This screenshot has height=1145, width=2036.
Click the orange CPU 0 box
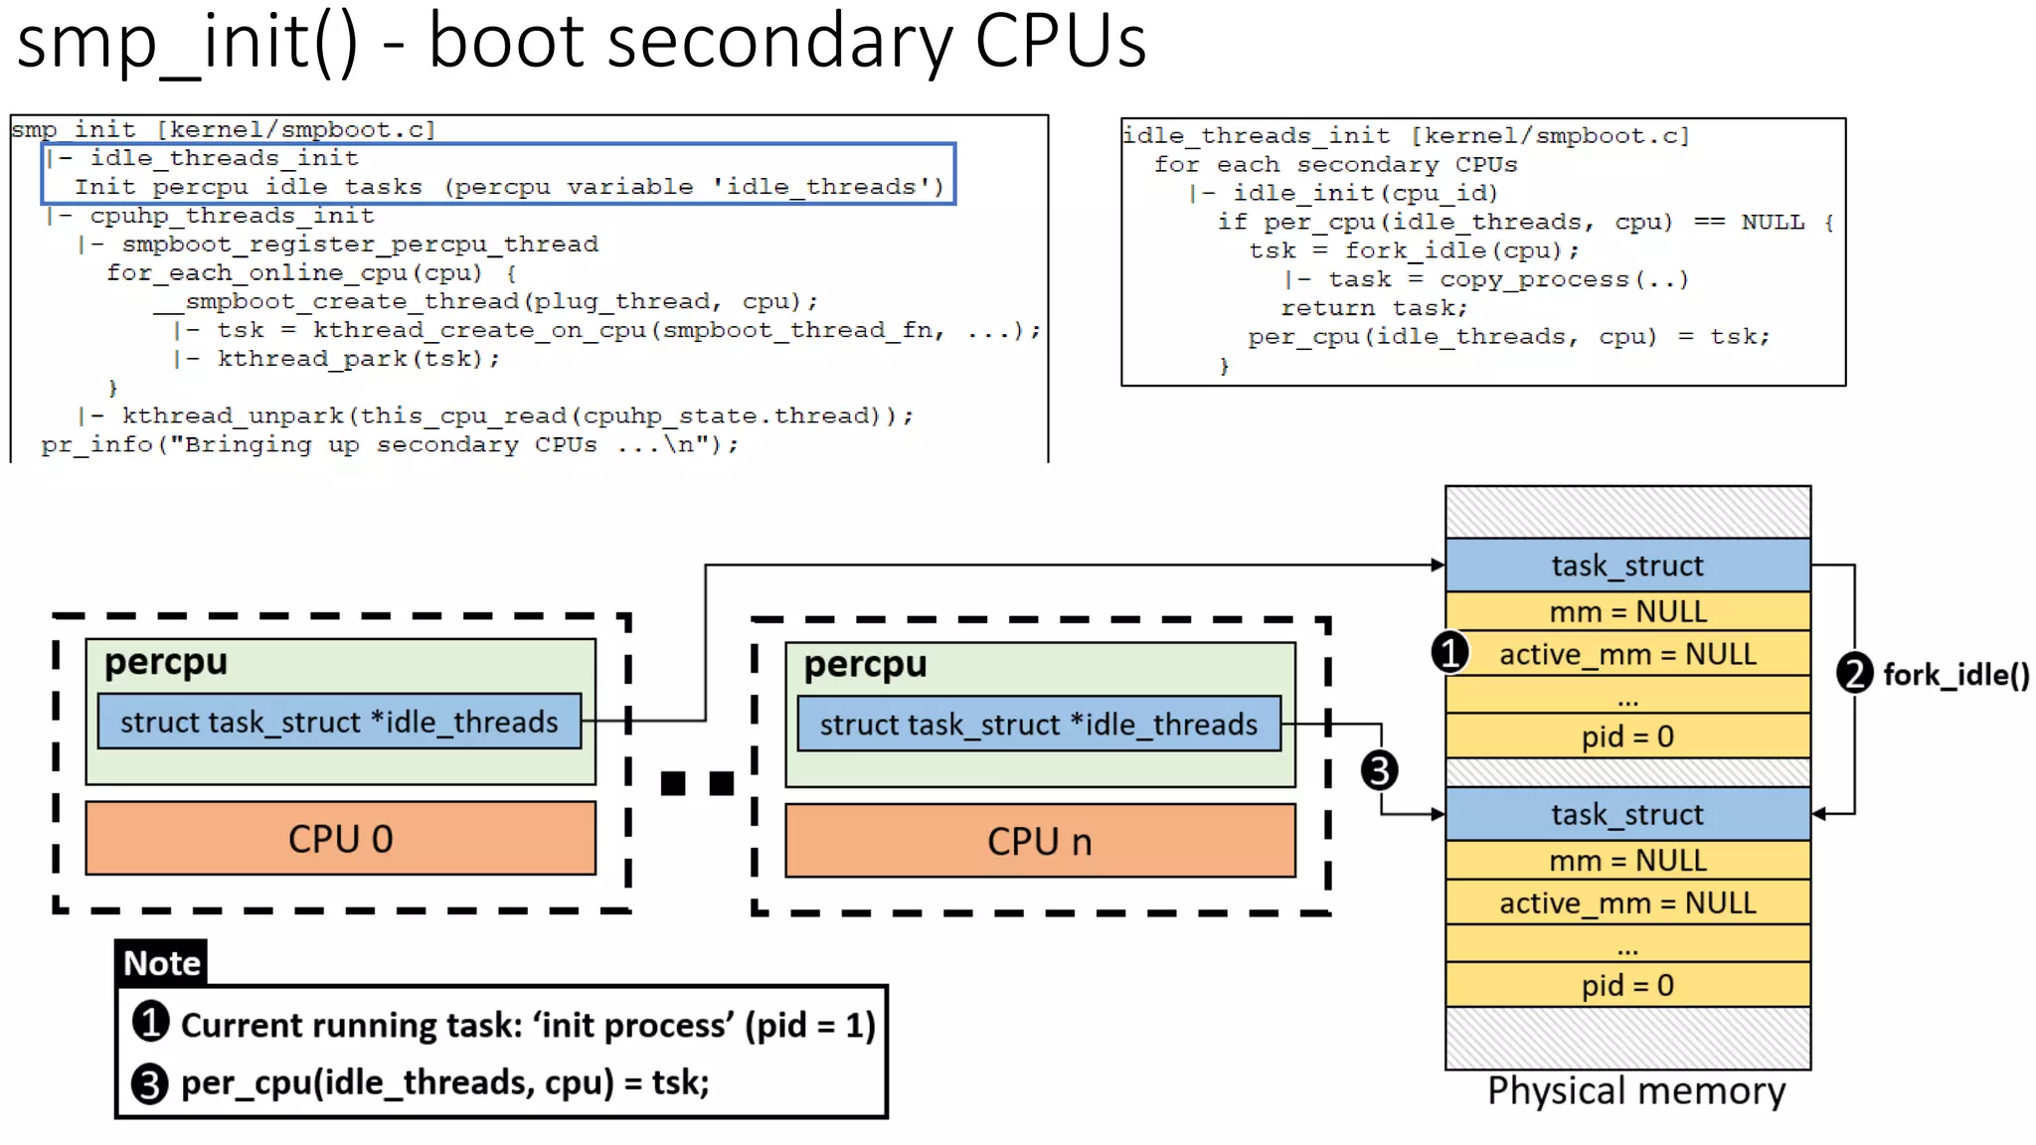(x=340, y=838)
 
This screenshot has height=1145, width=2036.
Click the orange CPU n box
(x=1040, y=841)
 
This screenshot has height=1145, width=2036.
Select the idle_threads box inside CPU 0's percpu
(x=339, y=722)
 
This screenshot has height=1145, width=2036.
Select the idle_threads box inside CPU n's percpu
(x=1039, y=725)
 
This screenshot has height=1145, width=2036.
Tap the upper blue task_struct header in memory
(x=1627, y=566)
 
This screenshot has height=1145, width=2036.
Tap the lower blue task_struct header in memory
(x=1627, y=814)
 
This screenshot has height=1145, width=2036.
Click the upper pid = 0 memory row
(x=1627, y=736)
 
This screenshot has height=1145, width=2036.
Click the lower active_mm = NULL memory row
(x=1627, y=902)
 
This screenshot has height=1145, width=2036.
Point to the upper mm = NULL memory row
(x=1627, y=611)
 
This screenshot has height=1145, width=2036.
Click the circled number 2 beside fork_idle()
(x=1854, y=674)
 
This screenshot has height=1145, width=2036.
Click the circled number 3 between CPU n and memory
(x=1379, y=770)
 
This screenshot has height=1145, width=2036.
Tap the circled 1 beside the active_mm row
(x=1450, y=653)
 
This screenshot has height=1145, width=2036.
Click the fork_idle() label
(x=1955, y=675)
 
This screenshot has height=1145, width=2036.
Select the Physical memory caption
(x=1635, y=1091)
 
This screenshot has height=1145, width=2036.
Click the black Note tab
(x=161, y=963)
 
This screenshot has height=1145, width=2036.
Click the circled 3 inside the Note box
(x=150, y=1082)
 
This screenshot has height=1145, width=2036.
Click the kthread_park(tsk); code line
(x=358, y=359)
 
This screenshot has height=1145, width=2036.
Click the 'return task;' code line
(x=1373, y=308)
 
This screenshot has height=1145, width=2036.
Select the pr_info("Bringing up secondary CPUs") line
(x=390, y=445)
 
